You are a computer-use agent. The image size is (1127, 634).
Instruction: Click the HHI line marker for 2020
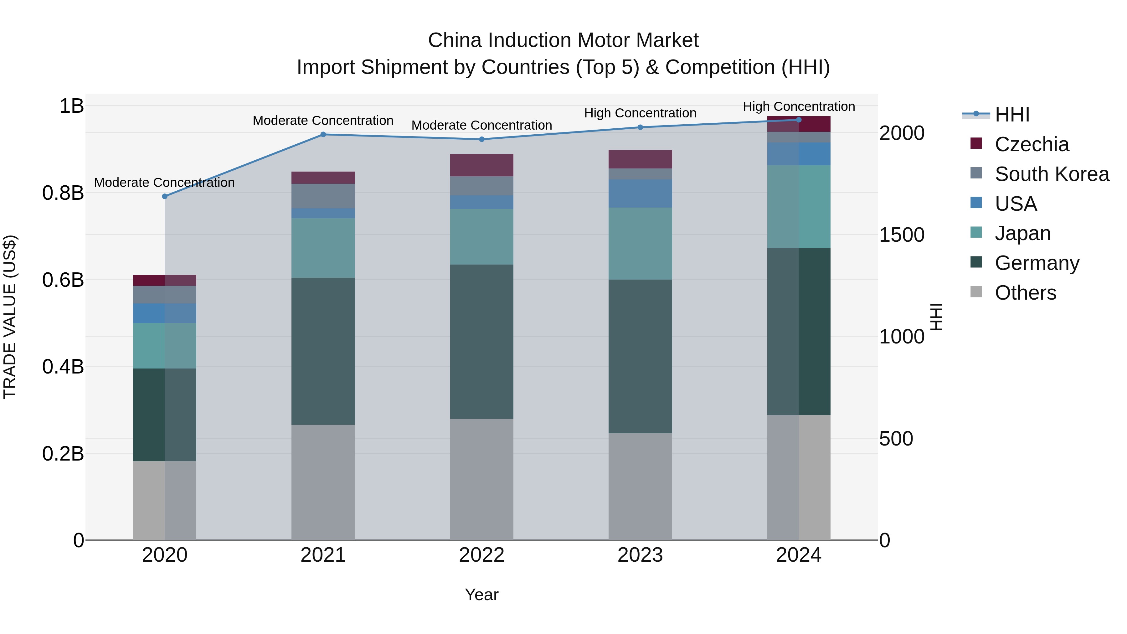pyautogui.click(x=164, y=196)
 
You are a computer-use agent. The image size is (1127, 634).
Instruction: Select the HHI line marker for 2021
pyautogui.click(x=323, y=134)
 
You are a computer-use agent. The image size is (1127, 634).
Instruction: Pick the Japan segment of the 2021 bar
pyautogui.click(x=323, y=248)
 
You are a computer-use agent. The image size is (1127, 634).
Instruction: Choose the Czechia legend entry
pyautogui.click(x=1031, y=144)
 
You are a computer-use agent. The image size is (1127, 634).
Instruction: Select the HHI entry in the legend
pyautogui.click(x=1011, y=115)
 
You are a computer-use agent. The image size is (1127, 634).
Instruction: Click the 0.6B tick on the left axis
pyautogui.click(x=63, y=280)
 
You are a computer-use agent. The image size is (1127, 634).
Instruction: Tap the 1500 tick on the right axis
pyautogui.click(x=902, y=235)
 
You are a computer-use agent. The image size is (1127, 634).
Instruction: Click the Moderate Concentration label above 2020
pyautogui.click(x=164, y=183)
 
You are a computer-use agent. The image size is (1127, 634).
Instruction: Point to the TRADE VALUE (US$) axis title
pyautogui.click(x=10, y=317)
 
